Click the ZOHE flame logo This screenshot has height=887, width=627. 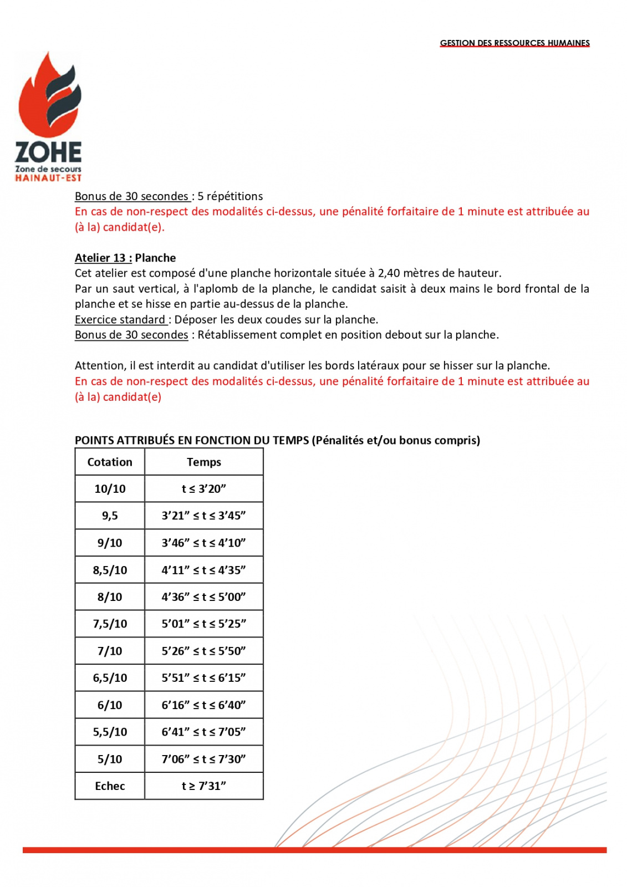(49, 116)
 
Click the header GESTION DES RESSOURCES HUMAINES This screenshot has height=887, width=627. (514, 43)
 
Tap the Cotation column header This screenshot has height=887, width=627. (110, 462)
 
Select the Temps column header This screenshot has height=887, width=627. (203, 462)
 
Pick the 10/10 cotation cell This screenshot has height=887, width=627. (110, 488)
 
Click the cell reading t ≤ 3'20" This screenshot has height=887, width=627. (203, 488)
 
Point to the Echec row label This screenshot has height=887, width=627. (110, 786)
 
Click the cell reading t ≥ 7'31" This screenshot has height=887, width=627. (203, 786)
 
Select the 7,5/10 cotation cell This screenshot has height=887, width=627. (110, 624)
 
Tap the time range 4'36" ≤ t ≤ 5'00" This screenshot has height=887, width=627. (203, 597)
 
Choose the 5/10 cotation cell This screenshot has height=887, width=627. (110, 759)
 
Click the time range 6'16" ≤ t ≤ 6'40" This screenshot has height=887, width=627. (203, 705)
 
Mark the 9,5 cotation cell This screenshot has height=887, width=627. (110, 516)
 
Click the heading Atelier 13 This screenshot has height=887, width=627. (103, 258)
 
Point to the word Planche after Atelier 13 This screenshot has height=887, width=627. (155, 258)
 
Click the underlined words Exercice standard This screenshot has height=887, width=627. (120, 319)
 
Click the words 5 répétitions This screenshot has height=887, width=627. (230, 196)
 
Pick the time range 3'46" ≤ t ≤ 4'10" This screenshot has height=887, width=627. (203, 543)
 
